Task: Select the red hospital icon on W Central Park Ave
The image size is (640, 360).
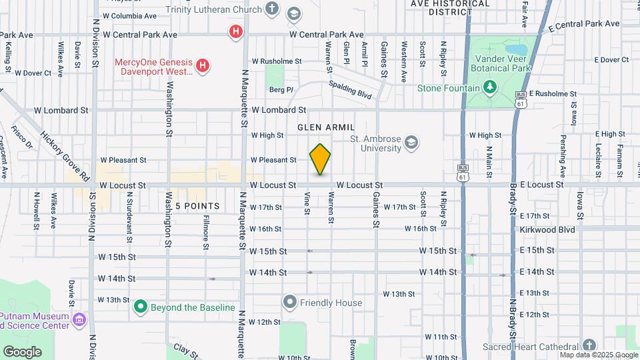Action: click(235, 31)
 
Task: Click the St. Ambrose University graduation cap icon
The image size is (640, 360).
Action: click(411, 142)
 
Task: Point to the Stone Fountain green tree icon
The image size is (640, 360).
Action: click(490, 87)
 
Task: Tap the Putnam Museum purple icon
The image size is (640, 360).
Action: click(80, 320)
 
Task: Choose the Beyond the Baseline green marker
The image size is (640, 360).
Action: click(140, 307)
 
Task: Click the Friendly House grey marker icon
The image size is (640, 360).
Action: click(289, 303)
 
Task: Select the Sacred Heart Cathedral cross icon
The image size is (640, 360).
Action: click(588, 345)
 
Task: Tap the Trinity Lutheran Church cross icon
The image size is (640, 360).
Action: click(271, 9)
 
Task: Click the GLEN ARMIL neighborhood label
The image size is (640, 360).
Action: click(326, 127)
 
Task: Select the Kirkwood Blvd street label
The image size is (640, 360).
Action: click(547, 229)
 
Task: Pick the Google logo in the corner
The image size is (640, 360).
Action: click(22, 351)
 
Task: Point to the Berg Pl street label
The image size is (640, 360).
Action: click(281, 89)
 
